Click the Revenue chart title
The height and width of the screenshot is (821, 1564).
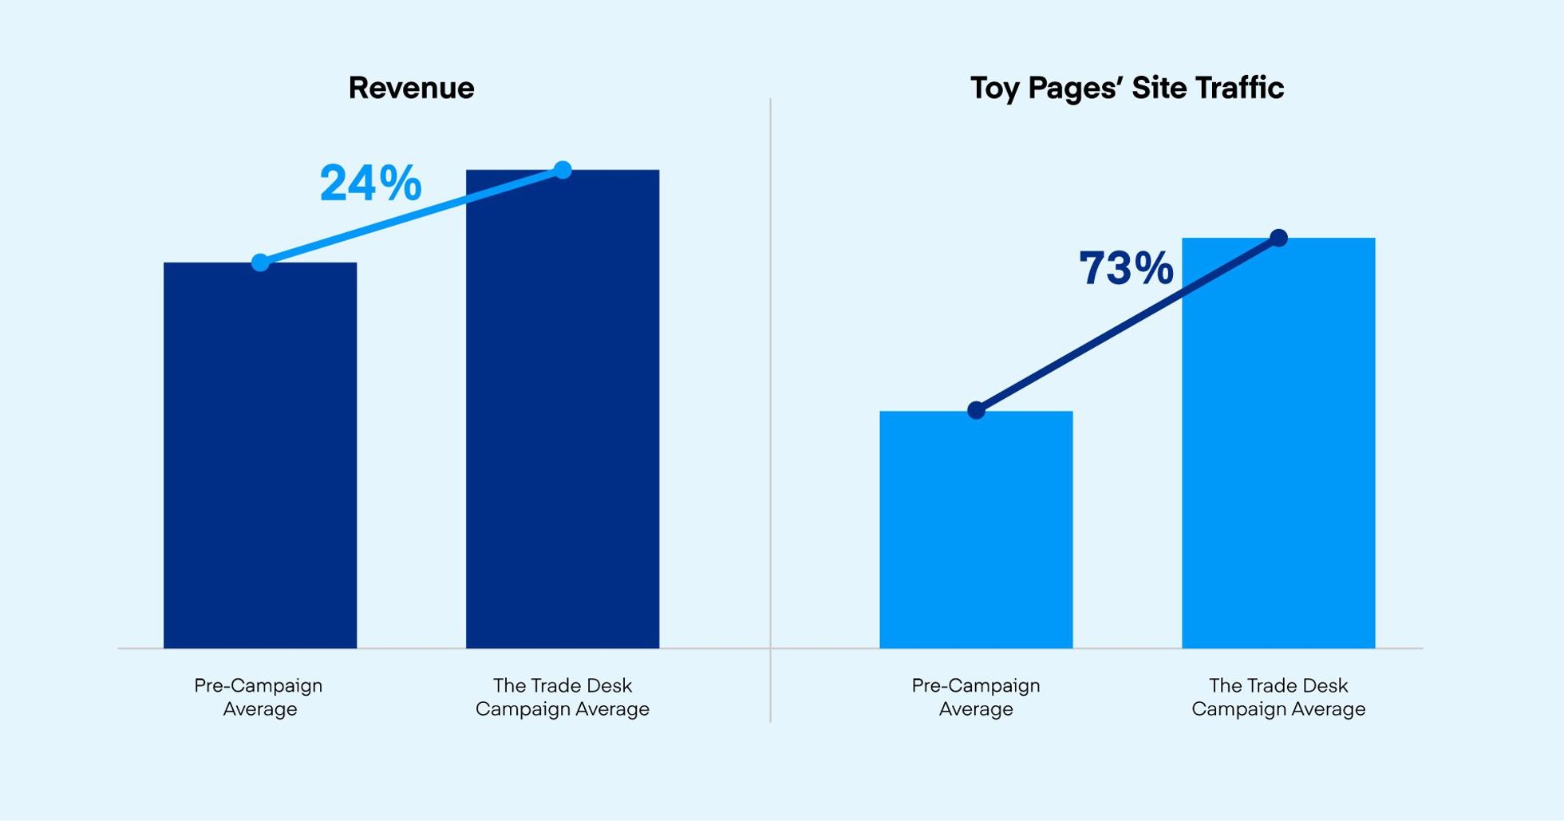click(411, 88)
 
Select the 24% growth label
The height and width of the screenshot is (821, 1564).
click(370, 184)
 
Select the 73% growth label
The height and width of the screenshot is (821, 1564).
click(1126, 268)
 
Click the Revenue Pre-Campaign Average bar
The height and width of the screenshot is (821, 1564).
click(260, 463)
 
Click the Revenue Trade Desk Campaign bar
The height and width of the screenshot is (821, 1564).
click(563, 415)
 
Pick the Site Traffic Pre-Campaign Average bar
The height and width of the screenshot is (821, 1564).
click(976, 535)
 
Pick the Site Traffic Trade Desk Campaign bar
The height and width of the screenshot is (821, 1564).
click(1278, 447)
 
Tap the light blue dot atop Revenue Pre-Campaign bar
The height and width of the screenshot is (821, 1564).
click(260, 262)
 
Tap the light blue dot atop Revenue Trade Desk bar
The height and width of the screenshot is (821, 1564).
click(563, 170)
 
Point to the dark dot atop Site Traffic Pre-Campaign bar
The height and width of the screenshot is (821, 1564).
click(976, 411)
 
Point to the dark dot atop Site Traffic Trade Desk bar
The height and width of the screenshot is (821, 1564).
click(1278, 238)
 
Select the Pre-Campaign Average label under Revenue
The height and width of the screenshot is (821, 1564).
click(259, 697)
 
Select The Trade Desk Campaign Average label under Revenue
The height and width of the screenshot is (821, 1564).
click(563, 697)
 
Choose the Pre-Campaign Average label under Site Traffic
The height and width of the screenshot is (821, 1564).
click(976, 697)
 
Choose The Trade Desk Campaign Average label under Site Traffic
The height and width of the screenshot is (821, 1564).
click(1278, 697)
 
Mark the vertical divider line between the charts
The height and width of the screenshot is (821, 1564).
click(770, 399)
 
